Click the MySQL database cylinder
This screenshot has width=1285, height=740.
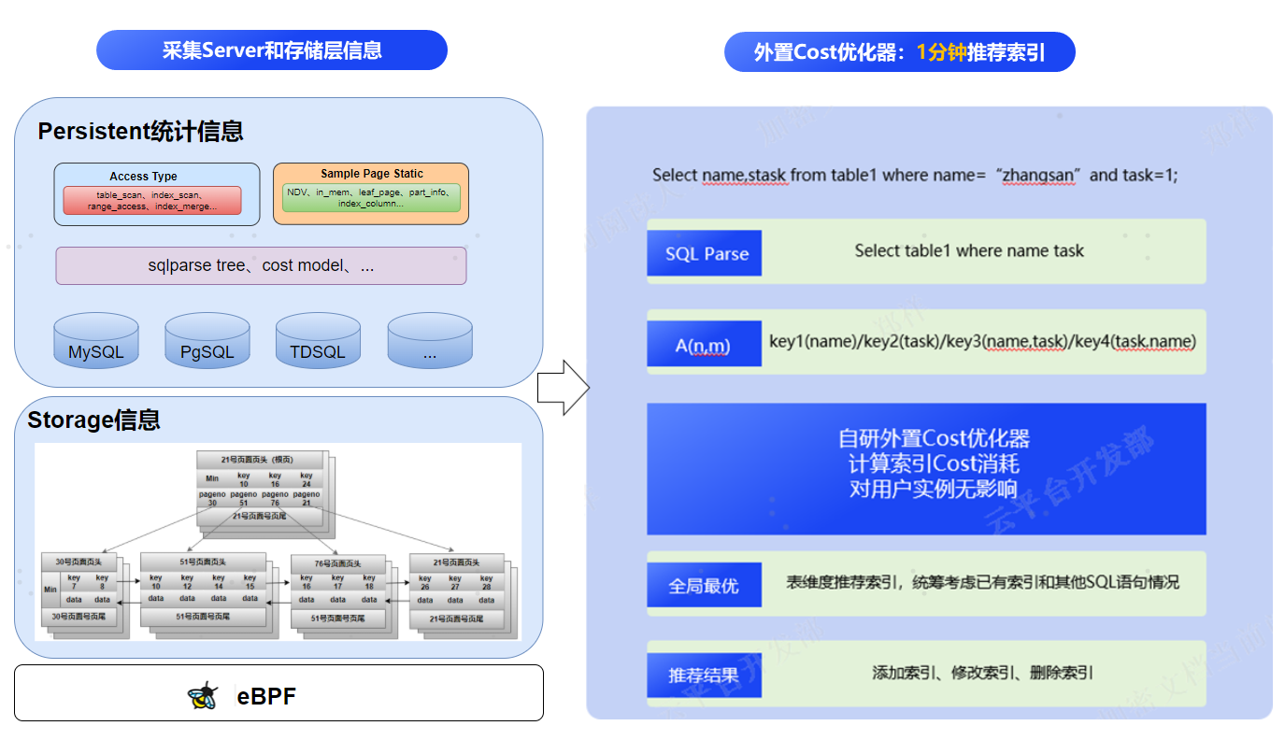[96, 341]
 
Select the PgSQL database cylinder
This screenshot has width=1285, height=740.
[207, 341]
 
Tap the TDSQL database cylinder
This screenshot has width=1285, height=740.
[318, 341]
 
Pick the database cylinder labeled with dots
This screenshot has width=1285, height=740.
[430, 341]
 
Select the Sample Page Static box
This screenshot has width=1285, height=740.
[371, 194]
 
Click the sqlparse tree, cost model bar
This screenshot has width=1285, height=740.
[261, 266]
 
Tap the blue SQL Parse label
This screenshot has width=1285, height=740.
[705, 253]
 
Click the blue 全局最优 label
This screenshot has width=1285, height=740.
[704, 586]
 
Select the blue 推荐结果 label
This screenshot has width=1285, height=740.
[704, 676]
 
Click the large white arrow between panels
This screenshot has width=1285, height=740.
[563, 387]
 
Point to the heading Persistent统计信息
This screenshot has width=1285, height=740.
[140, 132]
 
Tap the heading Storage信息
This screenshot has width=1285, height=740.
[93, 420]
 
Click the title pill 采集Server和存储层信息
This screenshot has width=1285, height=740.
[272, 50]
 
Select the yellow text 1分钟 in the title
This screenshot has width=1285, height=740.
[941, 52]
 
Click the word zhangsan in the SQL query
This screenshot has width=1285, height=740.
[1039, 176]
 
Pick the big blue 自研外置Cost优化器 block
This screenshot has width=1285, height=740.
[926, 468]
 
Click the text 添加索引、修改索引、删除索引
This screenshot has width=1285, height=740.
[982, 673]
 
